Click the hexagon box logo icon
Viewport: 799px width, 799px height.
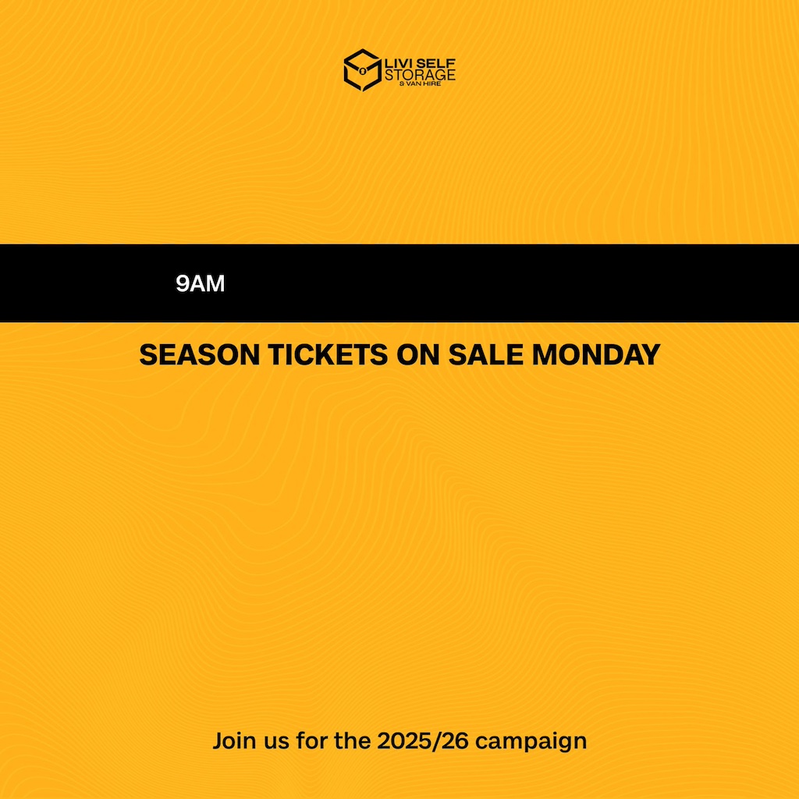[362, 69]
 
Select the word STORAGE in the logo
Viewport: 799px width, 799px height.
[420, 75]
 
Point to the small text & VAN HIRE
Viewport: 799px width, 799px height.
[421, 83]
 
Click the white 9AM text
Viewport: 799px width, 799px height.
[201, 283]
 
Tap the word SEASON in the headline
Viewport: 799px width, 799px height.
[200, 355]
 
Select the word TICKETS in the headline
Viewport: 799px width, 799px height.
[328, 355]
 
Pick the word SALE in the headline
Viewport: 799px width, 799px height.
[485, 355]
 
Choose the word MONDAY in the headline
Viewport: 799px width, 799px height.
[596, 355]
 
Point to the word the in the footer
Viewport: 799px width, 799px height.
[353, 741]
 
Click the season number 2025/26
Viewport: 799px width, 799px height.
[423, 741]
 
